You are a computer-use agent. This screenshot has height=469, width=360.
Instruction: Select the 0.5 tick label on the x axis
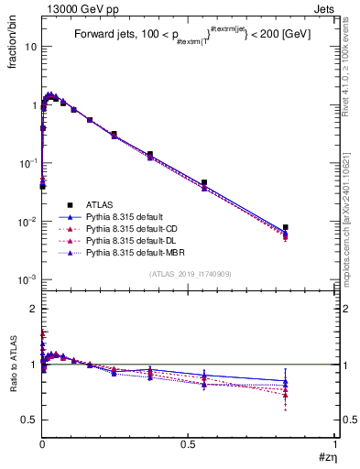(189, 444)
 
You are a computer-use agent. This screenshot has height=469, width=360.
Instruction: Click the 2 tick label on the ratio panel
(32, 309)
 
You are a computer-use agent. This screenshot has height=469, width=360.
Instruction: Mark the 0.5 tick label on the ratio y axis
(28, 420)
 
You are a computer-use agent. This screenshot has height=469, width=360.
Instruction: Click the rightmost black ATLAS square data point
(286, 227)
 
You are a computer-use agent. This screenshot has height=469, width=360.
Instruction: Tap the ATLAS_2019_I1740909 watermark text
(189, 274)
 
